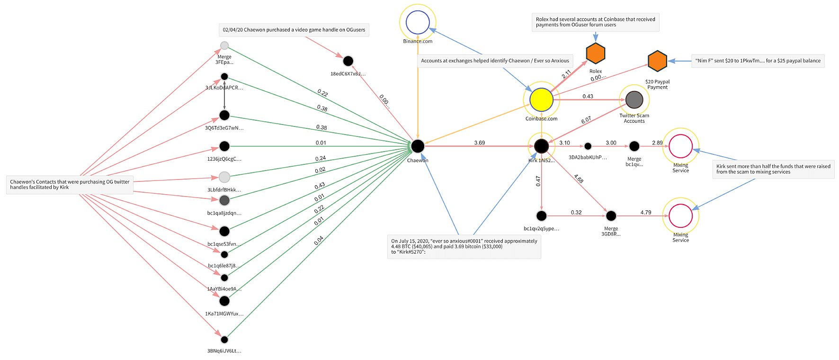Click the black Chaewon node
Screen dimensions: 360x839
click(417, 146)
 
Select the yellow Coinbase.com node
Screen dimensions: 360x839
click(541, 99)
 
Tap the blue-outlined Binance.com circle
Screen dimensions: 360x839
click(418, 22)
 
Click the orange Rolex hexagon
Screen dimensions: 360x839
click(596, 53)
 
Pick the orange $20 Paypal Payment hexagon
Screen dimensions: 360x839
click(657, 61)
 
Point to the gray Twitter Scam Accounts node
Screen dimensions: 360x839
click(634, 99)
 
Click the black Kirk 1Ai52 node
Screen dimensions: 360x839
click(541, 146)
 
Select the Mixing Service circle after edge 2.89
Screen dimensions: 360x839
click(680, 146)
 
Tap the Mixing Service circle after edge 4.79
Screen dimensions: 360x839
click(680, 216)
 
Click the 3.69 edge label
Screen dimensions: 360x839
click(480, 143)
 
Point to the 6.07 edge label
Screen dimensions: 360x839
click(586, 120)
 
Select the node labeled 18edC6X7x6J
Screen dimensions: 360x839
click(348, 61)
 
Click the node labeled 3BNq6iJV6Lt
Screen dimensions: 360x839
click(224, 339)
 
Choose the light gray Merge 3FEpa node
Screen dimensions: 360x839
click(224, 45)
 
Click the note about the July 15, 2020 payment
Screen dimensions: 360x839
click(464, 246)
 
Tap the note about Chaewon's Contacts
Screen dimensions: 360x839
click(70, 184)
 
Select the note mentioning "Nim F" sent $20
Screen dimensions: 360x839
click(758, 61)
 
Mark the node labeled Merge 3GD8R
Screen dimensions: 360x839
click(611, 216)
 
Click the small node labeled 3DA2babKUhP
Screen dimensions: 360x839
click(588, 146)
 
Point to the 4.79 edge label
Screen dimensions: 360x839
click(646, 212)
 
